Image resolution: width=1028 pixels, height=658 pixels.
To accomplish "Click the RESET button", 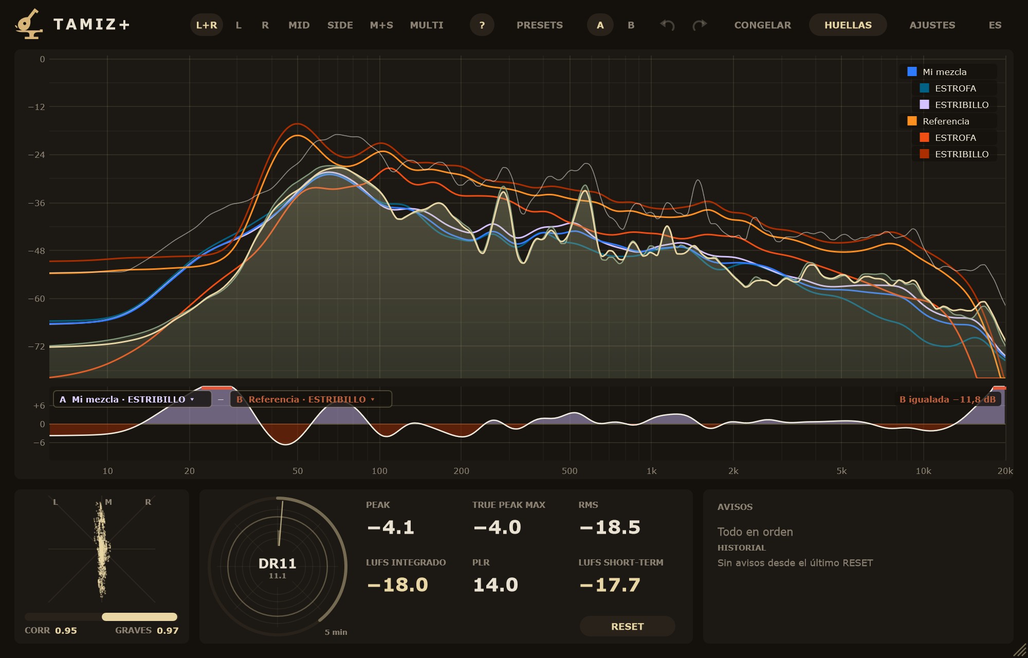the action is (627, 626).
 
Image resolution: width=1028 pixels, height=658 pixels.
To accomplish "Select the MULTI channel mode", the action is (426, 25).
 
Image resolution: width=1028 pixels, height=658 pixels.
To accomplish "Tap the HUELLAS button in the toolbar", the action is (848, 25).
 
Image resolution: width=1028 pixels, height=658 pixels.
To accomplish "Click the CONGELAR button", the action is (762, 25).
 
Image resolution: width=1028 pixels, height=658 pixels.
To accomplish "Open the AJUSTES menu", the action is (932, 25).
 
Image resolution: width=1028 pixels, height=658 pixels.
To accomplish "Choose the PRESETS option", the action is (539, 25).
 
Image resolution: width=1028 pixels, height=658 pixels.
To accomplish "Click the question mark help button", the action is (482, 25).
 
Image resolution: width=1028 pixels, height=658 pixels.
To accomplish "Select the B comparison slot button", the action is (631, 25).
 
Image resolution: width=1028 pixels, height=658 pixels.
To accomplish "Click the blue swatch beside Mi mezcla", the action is (912, 72).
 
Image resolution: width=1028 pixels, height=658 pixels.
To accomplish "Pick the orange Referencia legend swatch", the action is (912, 121).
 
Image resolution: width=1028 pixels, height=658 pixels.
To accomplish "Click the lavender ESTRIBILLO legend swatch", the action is (924, 105).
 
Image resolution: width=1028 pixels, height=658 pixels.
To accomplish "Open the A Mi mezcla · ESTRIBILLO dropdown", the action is (132, 399).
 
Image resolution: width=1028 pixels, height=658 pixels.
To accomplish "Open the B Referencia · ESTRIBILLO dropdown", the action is (310, 399).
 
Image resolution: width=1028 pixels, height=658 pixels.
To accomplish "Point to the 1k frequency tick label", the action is (651, 471).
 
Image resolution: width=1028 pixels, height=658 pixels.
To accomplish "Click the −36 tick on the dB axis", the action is (36, 203).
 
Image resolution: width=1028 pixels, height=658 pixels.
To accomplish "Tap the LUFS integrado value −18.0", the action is (397, 585).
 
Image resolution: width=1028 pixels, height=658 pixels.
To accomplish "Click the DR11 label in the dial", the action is (278, 564).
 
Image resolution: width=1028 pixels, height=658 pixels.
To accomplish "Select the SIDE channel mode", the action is (340, 25).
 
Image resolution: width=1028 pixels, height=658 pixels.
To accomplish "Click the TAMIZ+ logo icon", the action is (29, 24).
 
